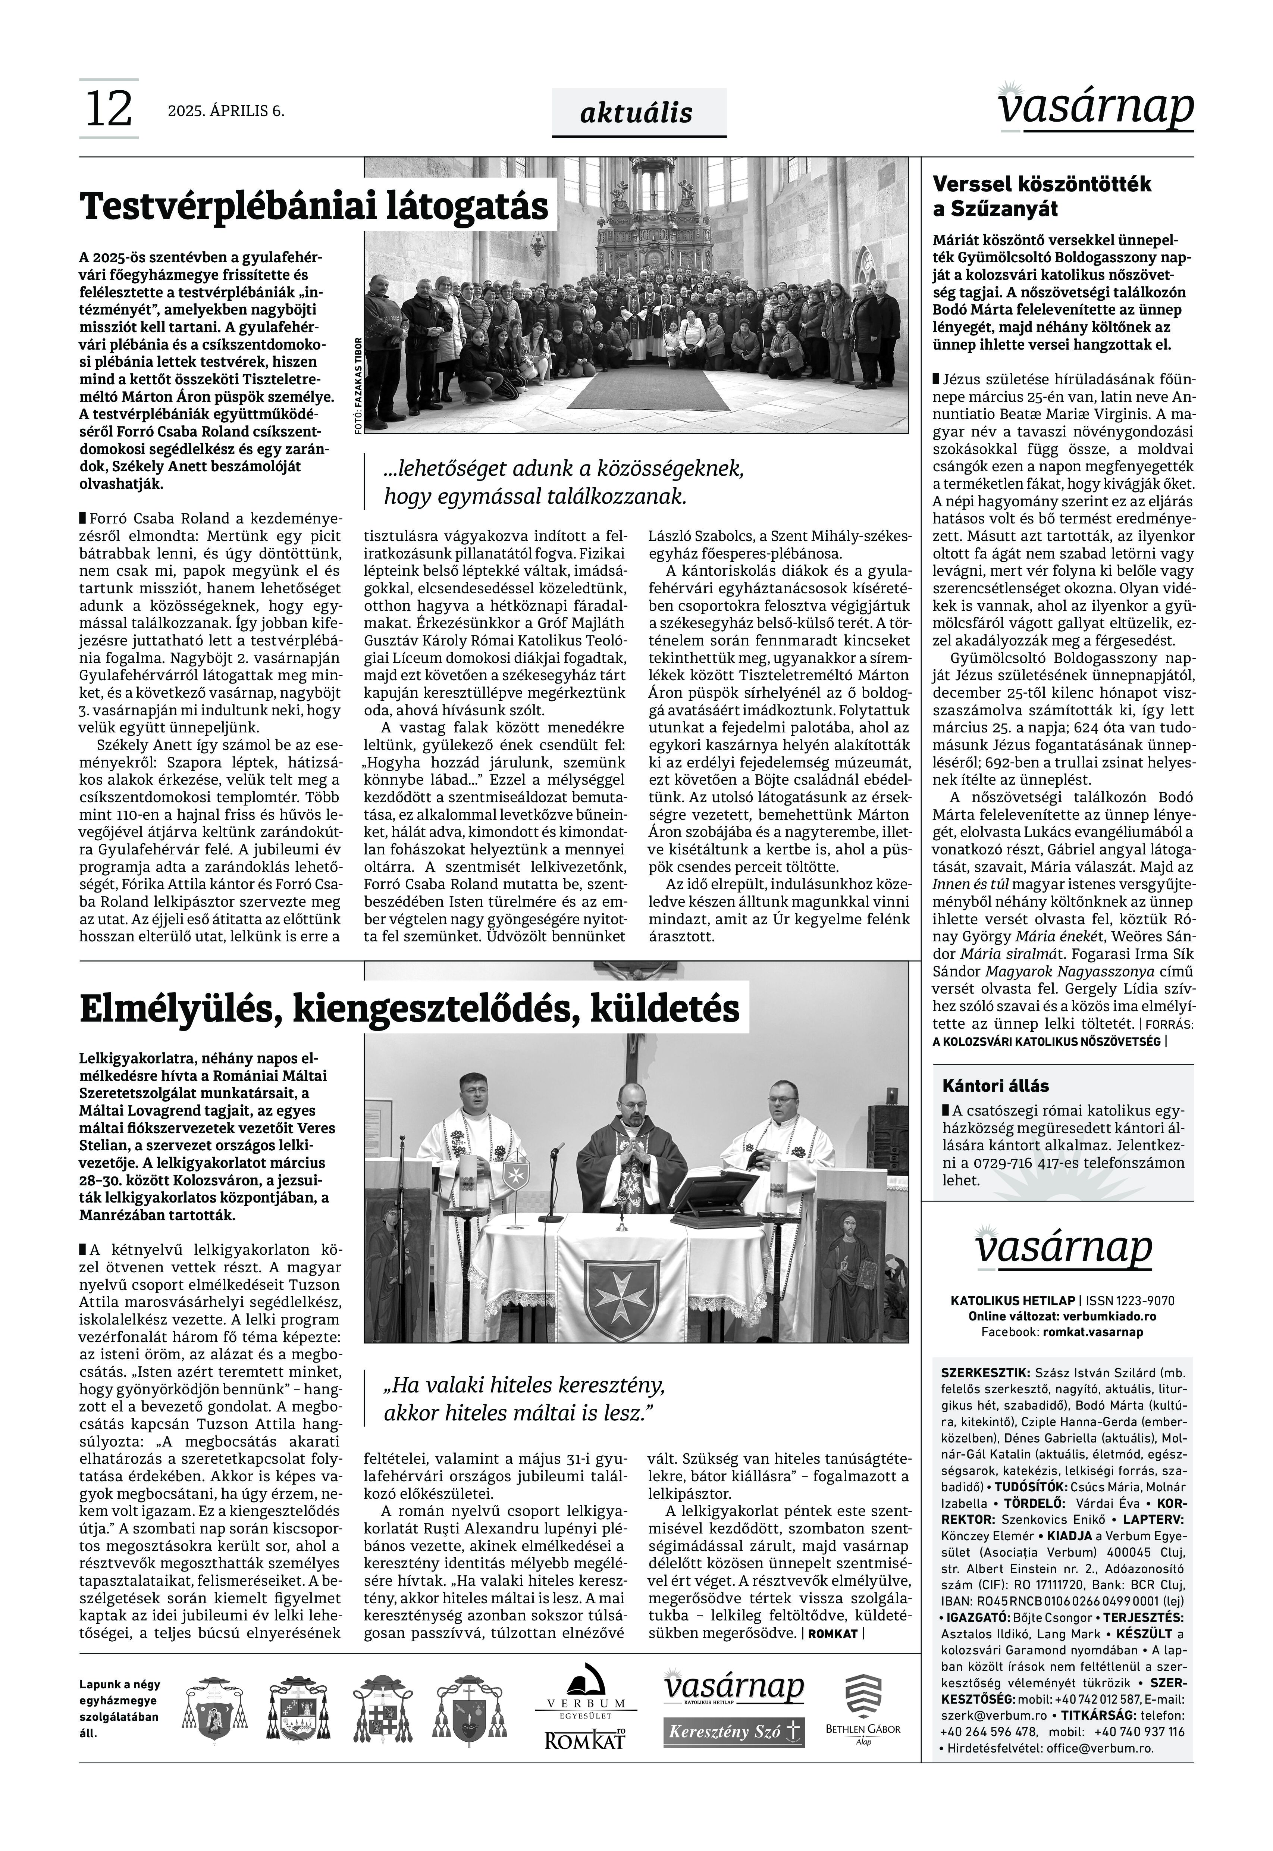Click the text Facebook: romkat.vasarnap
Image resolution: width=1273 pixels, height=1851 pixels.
tap(1062, 1332)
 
